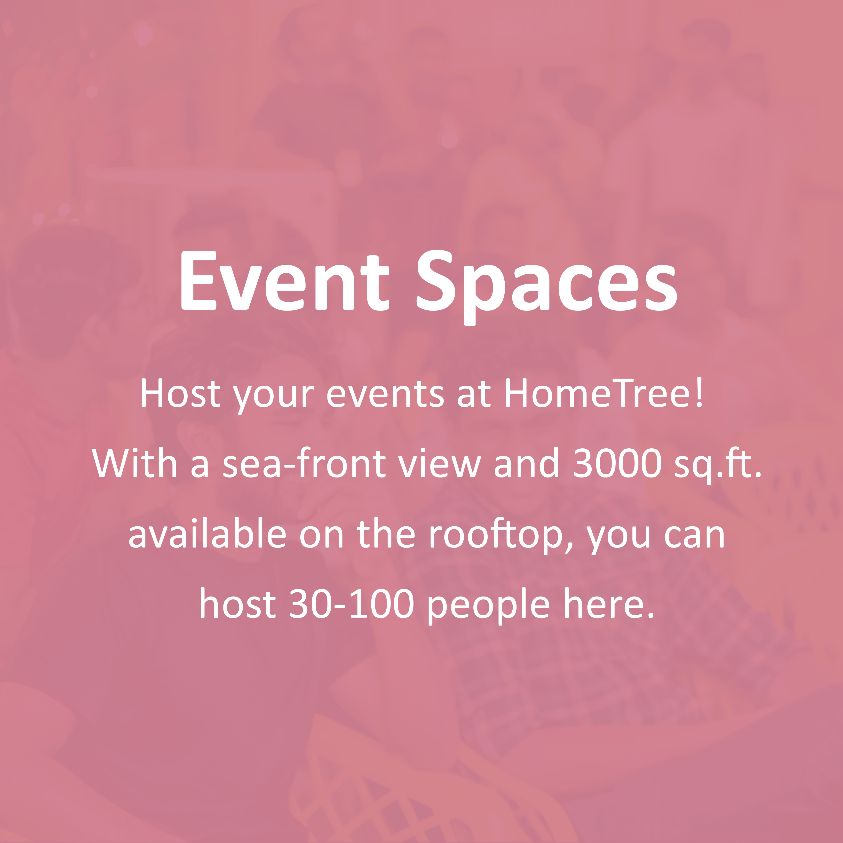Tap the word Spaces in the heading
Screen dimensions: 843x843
[547, 284]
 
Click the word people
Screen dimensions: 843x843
[488, 606]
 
